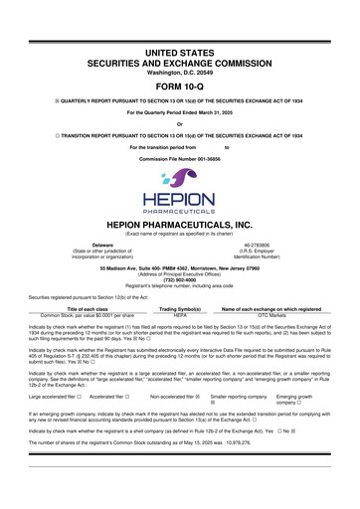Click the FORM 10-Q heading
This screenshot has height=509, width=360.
(x=180, y=84)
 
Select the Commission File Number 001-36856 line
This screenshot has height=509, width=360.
(x=180, y=160)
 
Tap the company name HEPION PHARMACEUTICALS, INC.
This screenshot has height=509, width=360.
(x=180, y=225)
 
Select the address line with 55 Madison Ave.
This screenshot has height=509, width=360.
(x=180, y=267)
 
